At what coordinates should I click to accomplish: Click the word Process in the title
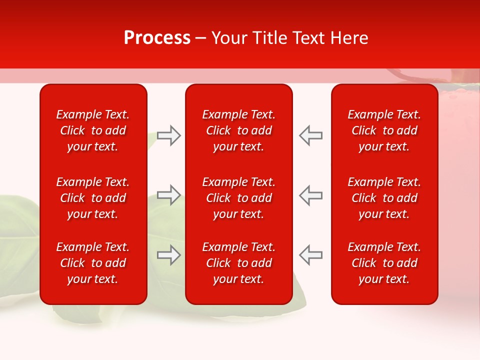pyautogui.click(x=157, y=38)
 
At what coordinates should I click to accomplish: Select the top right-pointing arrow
pyautogui.click(x=168, y=135)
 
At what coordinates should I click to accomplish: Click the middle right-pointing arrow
pyautogui.click(x=168, y=195)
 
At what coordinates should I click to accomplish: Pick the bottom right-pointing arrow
pyautogui.click(x=168, y=255)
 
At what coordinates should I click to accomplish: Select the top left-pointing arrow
pyautogui.click(x=310, y=135)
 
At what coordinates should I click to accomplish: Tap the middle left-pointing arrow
pyautogui.click(x=310, y=195)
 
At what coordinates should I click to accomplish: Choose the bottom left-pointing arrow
pyautogui.click(x=310, y=255)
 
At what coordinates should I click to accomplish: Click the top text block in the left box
pyautogui.click(x=93, y=130)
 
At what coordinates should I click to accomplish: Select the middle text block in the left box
pyautogui.click(x=93, y=198)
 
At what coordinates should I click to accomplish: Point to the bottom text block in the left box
pyautogui.click(x=93, y=263)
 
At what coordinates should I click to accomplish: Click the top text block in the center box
pyautogui.click(x=238, y=130)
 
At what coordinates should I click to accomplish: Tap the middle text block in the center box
pyautogui.click(x=238, y=198)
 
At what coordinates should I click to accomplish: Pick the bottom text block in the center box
pyautogui.click(x=238, y=263)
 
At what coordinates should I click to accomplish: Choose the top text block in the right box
pyautogui.click(x=384, y=130)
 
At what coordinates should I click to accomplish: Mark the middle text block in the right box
pyautogui.click(x=384, y=198)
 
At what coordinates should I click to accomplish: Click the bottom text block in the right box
pyautogui.click(x=384, y=263)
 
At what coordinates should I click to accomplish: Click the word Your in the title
pyautogui.click(x=230, y=38)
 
